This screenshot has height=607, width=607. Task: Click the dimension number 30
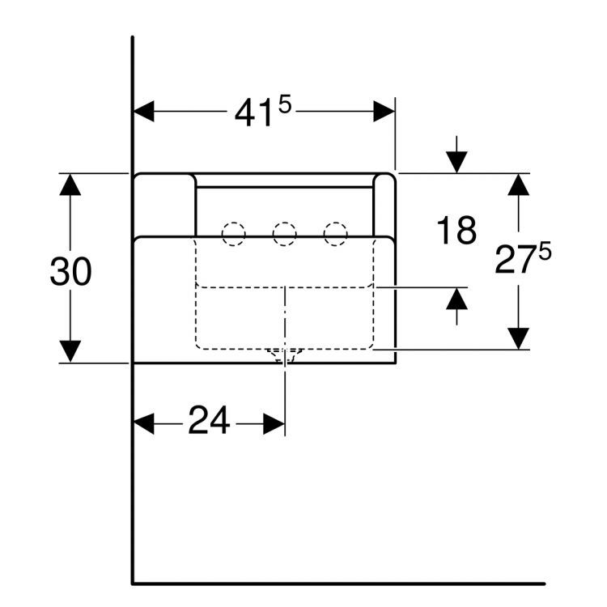[x=71, y=272]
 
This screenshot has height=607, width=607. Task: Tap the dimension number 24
[x=209, y=419]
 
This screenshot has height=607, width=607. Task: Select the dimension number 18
[x=456, y=231]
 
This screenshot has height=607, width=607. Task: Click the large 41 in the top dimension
[x=253, y=113]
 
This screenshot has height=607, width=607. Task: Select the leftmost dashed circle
[x=233, y=234]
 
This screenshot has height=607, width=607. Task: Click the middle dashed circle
[x=285, y=234]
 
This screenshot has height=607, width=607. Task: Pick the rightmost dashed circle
[x=336, y=234]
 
